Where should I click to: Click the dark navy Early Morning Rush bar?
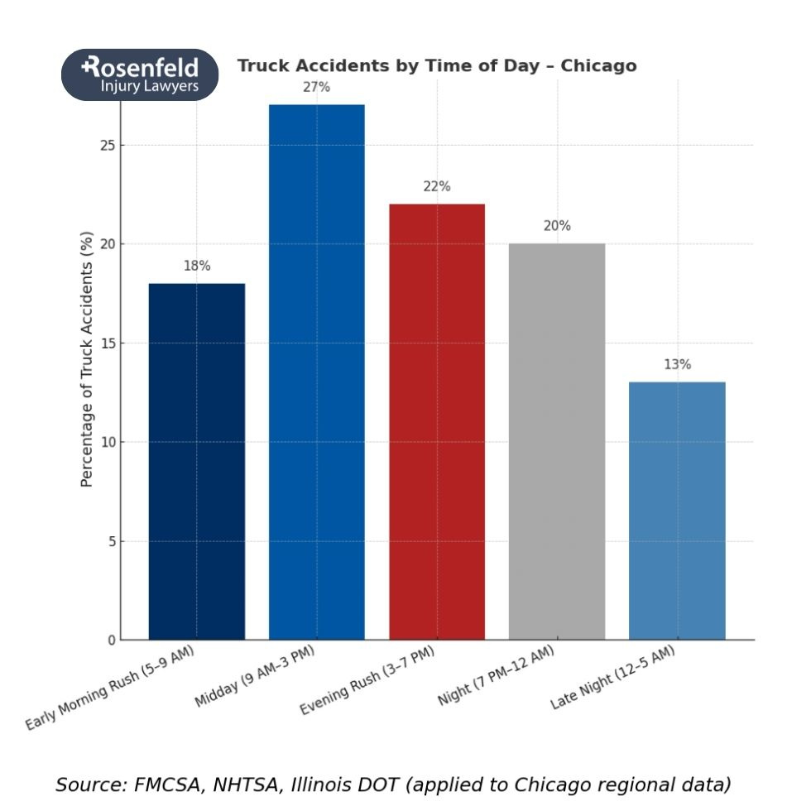[197, 461]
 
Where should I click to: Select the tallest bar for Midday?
[317, 372]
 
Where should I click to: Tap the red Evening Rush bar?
[437, 421]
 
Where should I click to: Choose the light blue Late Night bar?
[677, 511]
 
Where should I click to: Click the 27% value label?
[316, 87]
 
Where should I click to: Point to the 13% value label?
[677, 365]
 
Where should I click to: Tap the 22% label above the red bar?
[437, 187]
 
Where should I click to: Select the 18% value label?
[197, 266]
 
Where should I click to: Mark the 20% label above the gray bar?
[557, 226]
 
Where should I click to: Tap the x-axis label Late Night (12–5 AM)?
[612, 678]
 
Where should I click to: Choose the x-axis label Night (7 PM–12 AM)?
[496, 676]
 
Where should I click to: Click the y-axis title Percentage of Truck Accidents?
[87, 359]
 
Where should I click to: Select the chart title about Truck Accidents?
[437, 66]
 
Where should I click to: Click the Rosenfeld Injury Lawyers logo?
[140, 74]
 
